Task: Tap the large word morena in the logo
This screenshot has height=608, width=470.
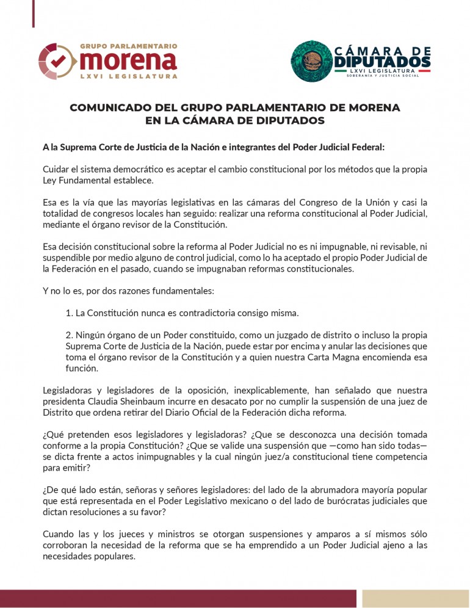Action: (128, 60)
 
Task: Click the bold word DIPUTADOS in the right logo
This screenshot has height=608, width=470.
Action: (383, 61)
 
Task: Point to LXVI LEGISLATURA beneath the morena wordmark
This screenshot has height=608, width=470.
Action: (129, 76)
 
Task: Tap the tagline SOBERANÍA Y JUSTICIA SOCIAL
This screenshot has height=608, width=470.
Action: (388, 76)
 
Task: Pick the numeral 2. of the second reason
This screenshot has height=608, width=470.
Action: (70, 335)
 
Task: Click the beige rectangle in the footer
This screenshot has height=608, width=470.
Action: (415, 598)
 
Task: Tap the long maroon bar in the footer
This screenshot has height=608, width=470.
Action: (178, 598)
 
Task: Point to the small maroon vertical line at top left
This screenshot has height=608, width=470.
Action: (33, 13)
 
